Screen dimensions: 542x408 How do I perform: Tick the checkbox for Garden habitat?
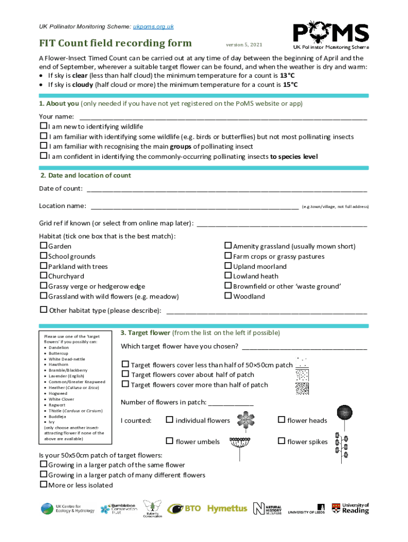[43, 246]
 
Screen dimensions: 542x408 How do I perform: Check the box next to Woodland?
[228, 296]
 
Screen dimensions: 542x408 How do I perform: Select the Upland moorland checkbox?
[228, 266]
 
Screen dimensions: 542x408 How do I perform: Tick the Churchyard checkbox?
[43, 276]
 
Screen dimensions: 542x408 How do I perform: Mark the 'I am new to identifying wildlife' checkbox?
[43, 127]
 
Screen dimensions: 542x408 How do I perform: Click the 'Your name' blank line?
[223, 118]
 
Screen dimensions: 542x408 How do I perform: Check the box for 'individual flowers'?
[170, 420]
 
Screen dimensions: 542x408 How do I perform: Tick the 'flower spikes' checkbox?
[282, 441]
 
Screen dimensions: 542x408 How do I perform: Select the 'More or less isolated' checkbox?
[43, 485]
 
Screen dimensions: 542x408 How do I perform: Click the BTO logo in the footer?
[184, 509]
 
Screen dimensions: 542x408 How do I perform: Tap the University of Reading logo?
[350, 508]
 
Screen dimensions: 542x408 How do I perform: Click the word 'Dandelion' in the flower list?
[59, 348]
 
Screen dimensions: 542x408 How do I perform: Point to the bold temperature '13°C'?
[280, 75]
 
